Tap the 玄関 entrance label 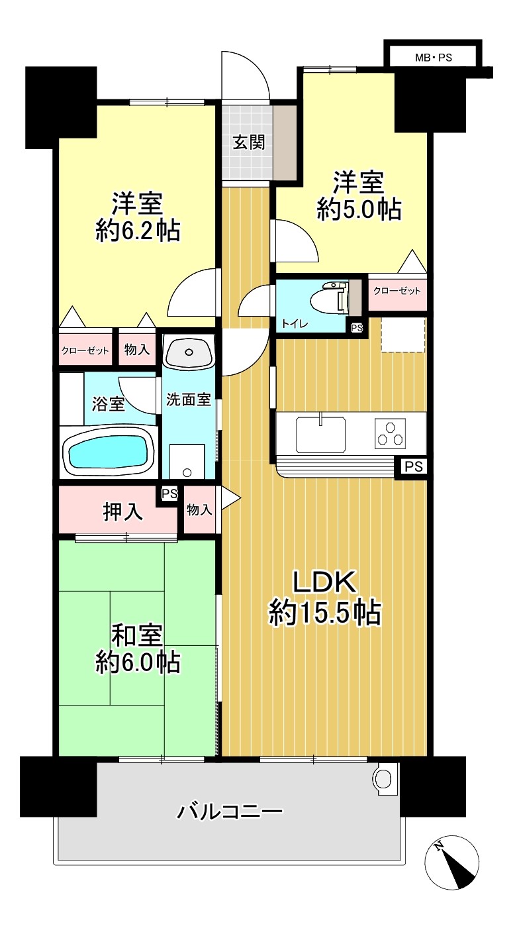pos(249,143)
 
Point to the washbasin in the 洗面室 pos(189,352)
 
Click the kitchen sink pos(321,433)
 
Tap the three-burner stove pos(390,433)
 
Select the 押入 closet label pos(123,512)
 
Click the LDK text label pos(325,582)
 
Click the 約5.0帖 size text pos(359,209)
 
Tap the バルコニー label pos(230,812)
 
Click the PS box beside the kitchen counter pos(414,466)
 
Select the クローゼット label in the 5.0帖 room pos(397,290)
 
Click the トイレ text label pos(295,324)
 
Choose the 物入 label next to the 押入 pos(199,510)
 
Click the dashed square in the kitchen pos(403,335)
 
